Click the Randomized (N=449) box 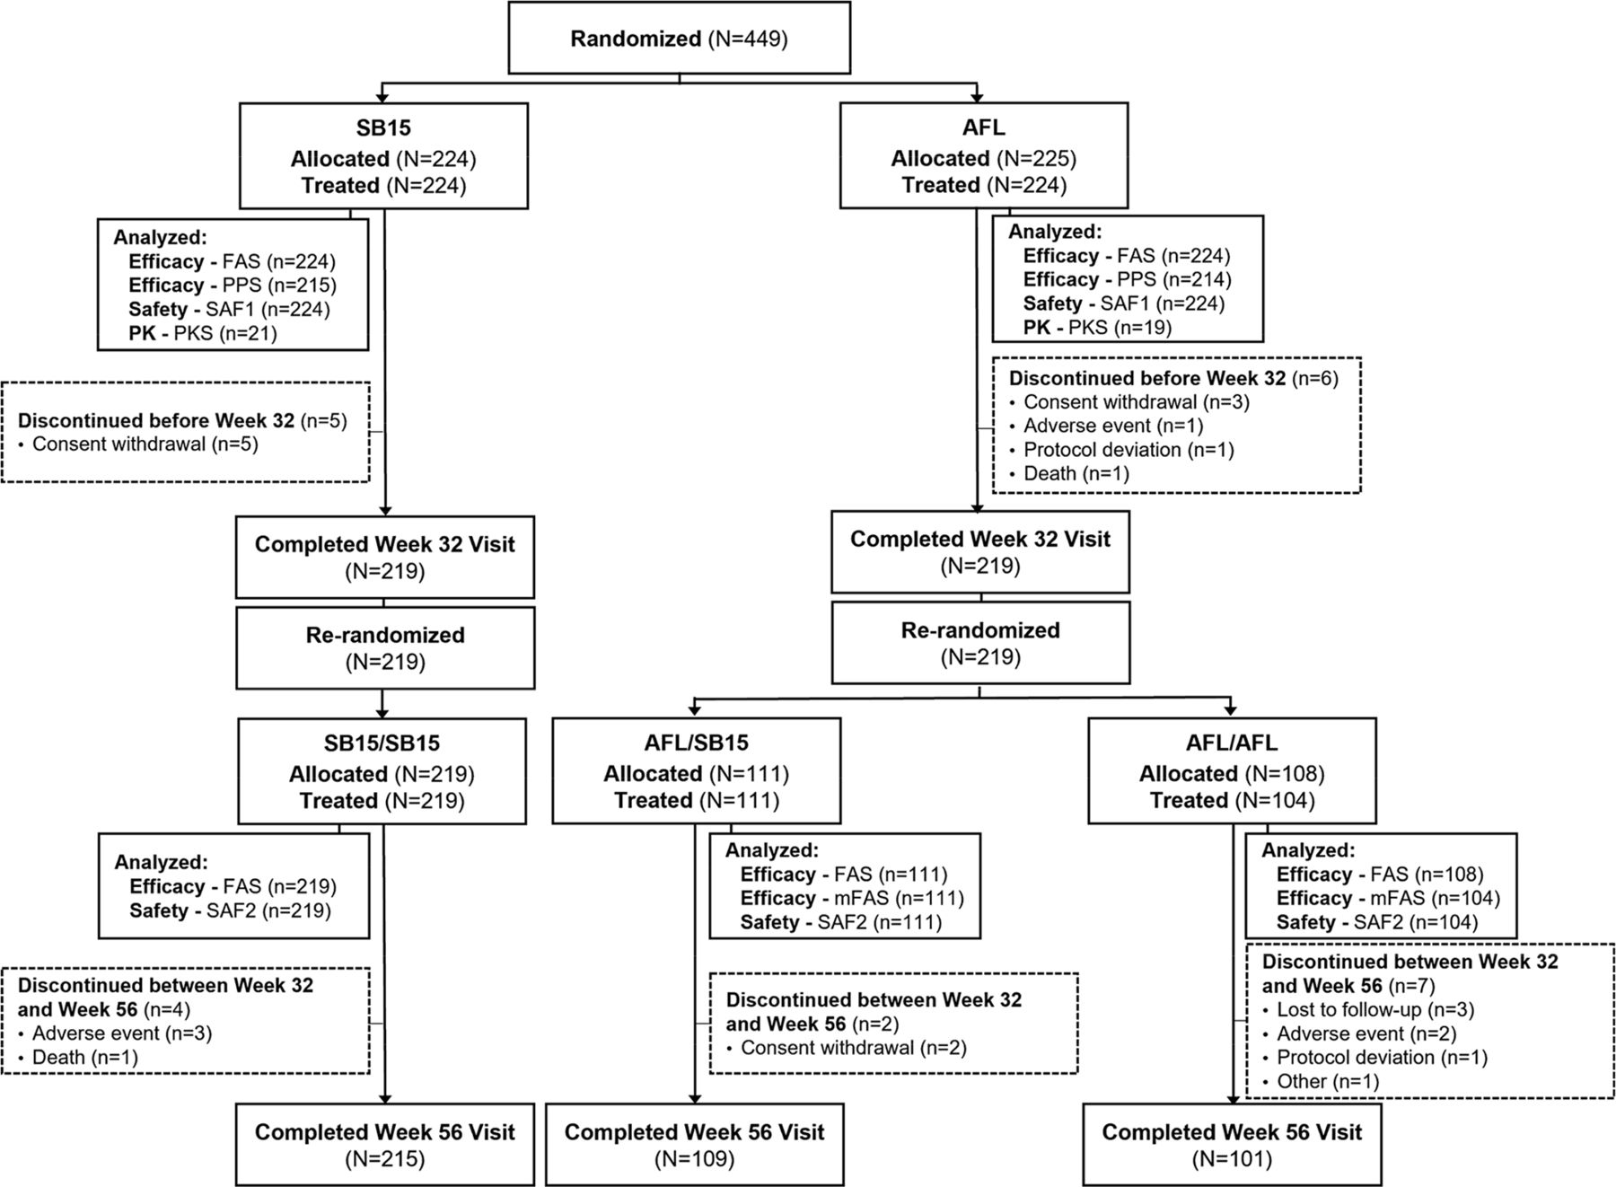679,39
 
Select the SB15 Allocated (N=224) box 383,156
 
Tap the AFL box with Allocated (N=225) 983,156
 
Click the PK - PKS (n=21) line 203,333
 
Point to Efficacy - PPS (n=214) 1127,279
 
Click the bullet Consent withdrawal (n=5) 145,444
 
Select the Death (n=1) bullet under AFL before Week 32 1076,473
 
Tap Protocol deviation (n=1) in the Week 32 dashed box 1129,450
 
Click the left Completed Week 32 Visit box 384,557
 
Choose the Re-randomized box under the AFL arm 979,643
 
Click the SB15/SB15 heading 382,743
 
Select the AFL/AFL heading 1232,743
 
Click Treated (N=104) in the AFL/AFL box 1232,800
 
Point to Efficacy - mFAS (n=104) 1388,898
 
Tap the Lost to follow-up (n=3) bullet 1375,1009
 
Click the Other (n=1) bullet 1327,1081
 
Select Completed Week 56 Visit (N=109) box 694,1144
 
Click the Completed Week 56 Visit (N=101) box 1232,1144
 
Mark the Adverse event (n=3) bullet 122,1033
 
